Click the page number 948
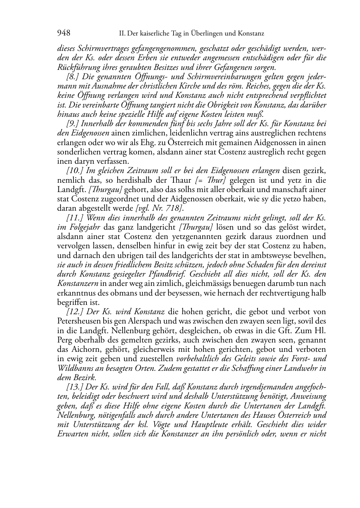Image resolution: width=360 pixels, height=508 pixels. point(64,33)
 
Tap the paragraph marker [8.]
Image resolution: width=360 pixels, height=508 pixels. point(73,77)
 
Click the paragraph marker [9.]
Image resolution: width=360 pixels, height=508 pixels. point(73,124)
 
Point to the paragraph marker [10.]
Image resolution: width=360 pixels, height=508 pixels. point(75,170)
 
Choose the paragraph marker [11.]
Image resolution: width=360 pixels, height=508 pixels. point(75,217)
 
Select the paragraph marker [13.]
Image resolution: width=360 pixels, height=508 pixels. point(75,387)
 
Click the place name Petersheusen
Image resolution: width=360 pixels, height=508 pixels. point(77,321)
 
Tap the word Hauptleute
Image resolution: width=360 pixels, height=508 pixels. point(224,425)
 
